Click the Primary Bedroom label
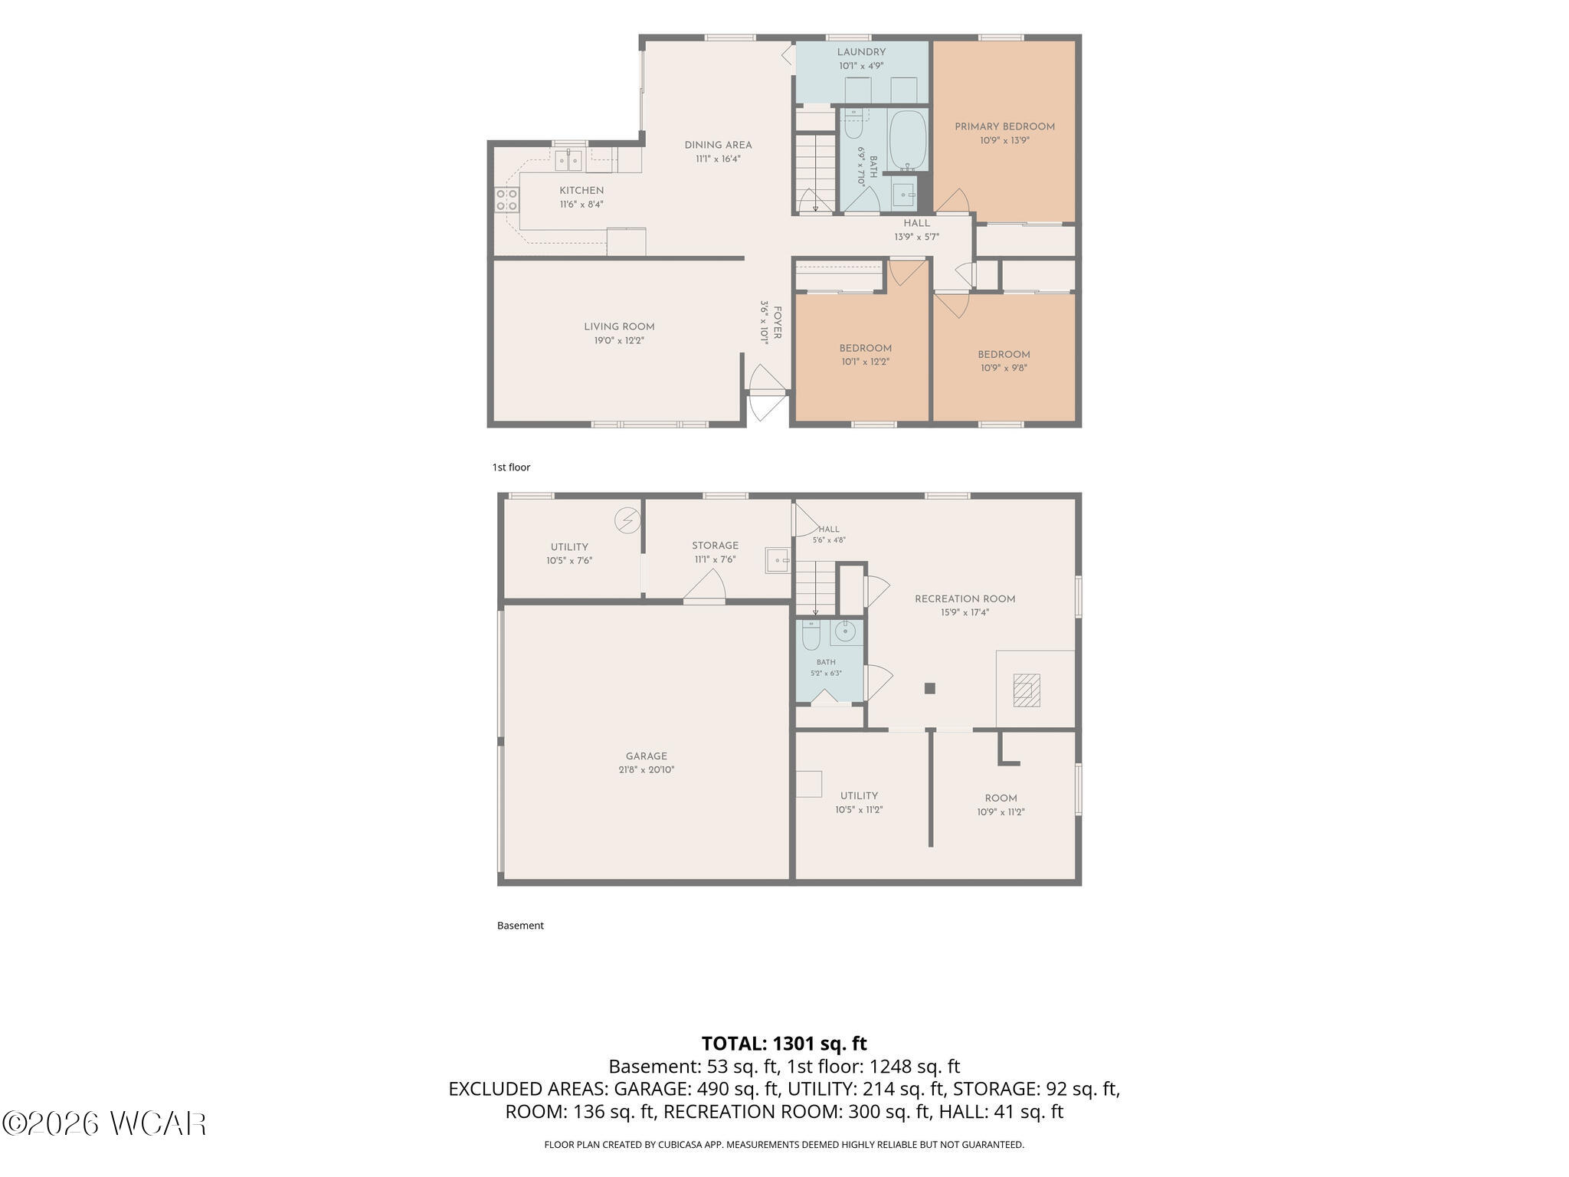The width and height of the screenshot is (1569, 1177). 1004,127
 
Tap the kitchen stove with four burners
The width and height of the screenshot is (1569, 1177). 506,200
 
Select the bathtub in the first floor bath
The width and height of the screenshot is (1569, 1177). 909,141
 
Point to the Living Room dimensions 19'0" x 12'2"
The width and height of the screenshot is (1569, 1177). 619,341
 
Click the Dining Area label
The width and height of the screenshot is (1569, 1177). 718,145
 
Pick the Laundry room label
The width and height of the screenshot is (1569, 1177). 861,52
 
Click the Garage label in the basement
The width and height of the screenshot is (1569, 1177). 647,756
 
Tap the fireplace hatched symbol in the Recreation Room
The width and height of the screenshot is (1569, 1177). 1027,690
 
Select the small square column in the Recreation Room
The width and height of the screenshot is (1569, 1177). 929,688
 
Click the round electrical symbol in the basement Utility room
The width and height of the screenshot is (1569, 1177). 627,521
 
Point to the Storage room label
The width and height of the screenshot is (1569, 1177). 715,546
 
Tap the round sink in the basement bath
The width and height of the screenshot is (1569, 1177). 844,632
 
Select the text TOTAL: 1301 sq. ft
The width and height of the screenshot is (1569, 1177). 784,1044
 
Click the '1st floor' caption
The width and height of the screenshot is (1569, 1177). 511,467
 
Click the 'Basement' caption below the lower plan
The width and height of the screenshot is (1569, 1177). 520,926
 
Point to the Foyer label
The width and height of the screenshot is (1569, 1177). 777,323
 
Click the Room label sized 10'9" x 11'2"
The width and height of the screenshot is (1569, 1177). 1001,798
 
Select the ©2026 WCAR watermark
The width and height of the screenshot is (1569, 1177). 104,1124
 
